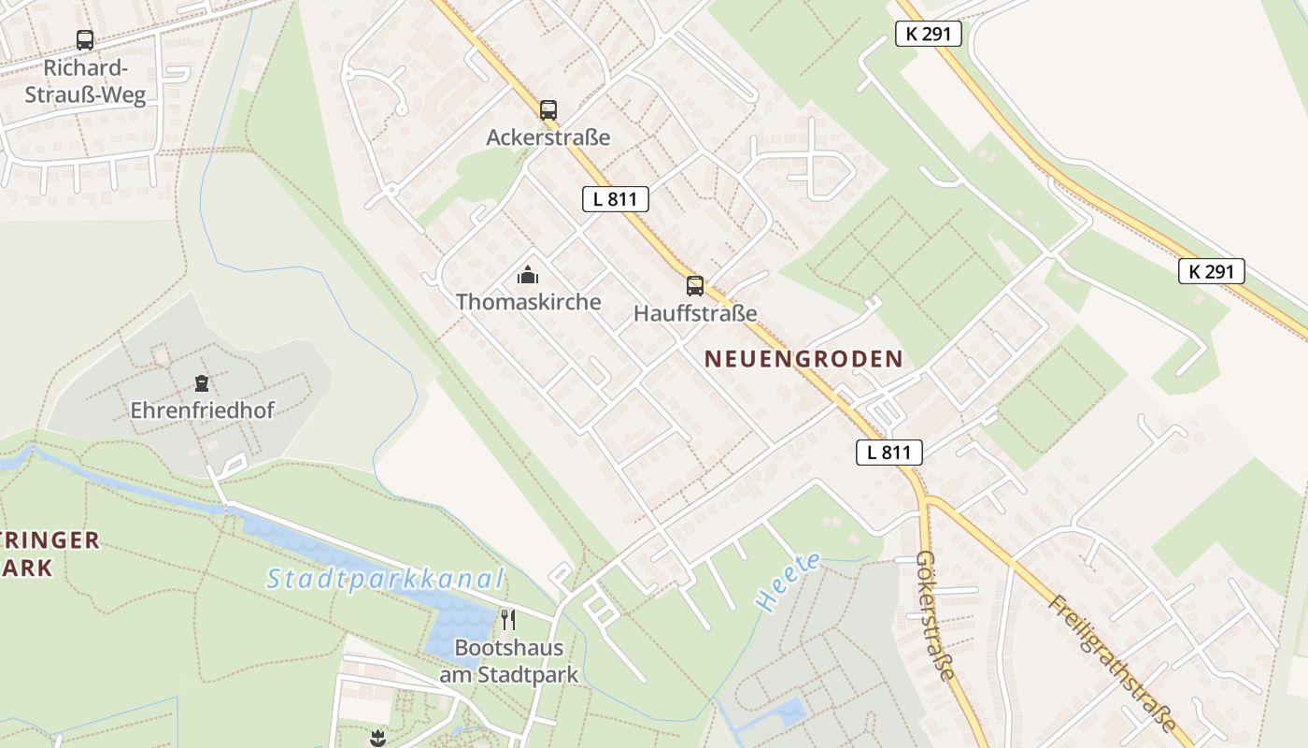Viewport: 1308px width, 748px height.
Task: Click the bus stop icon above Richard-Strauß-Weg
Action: [x=85, y=40]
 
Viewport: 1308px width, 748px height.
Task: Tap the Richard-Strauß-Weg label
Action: [x=85, y=82]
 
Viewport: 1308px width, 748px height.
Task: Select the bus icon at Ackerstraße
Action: [x=548, y=110]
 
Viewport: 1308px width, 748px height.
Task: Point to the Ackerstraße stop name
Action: [x=548, y=137]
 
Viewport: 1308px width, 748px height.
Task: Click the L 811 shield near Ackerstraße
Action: [x=615, y=198]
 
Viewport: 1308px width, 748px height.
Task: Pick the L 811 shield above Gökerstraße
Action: [x=889, y=453]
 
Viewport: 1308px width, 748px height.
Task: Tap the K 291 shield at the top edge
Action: [x=928, y=35]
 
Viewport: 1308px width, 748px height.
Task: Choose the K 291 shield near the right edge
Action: [x=1212, y=272]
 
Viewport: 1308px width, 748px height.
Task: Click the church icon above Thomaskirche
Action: [x=528, y=275]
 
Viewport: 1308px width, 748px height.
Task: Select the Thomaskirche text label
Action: [x=528, y=302]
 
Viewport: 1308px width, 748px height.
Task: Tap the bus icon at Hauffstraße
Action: [x=695, y=286]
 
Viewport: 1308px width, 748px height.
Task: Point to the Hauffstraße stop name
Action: [x=695, y=313]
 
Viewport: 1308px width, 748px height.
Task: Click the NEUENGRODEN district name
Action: [x=803, y=359]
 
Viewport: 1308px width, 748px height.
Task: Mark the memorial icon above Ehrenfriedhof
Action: [x=201, y=382]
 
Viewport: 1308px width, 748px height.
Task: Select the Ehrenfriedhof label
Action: [x=202, y=410]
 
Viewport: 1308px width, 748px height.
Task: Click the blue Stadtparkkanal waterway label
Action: [x=385, y=580]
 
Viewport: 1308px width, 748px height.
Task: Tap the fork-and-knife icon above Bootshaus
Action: [x=508, y=620]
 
